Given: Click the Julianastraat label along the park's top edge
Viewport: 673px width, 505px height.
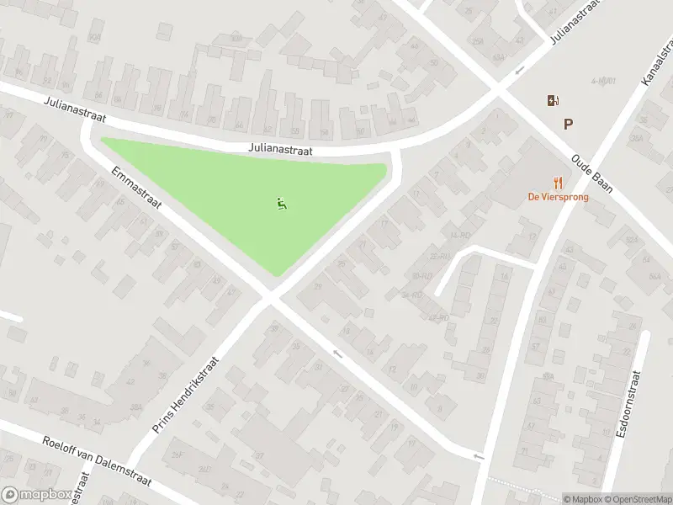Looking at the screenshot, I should (x=281, y=147).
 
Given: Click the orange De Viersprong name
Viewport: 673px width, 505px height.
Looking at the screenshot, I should (x=558, y=197).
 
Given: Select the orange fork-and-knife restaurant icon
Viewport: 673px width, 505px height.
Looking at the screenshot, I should (x=557, y=183).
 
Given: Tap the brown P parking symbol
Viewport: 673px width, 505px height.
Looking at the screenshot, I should (x=569, y=125).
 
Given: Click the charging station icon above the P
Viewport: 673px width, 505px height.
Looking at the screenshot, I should (x=552, y=101).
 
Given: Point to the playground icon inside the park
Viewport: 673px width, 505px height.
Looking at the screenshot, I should (x=281, y=202).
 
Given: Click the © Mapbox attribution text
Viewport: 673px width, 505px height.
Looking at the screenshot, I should (x=582, y=499).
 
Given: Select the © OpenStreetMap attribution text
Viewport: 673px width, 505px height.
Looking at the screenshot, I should (x=636, y=499).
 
